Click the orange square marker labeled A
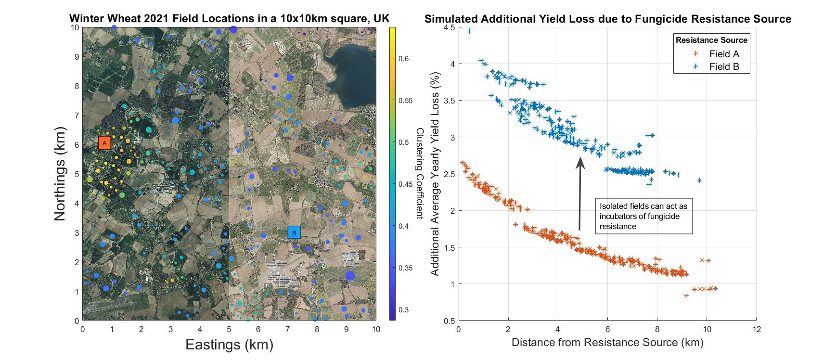pos(104,143)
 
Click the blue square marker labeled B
pos(294,232)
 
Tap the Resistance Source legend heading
pos(711,40)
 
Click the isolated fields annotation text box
pos(643,216)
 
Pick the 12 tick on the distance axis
pos(756,330)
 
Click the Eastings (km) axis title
pos(229,345)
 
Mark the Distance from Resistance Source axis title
pos(607,343)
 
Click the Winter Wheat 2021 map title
pos(229,19)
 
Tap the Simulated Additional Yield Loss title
pos(607,19)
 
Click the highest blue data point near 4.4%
pos(469,31)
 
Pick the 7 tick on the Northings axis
pos(76,116)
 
